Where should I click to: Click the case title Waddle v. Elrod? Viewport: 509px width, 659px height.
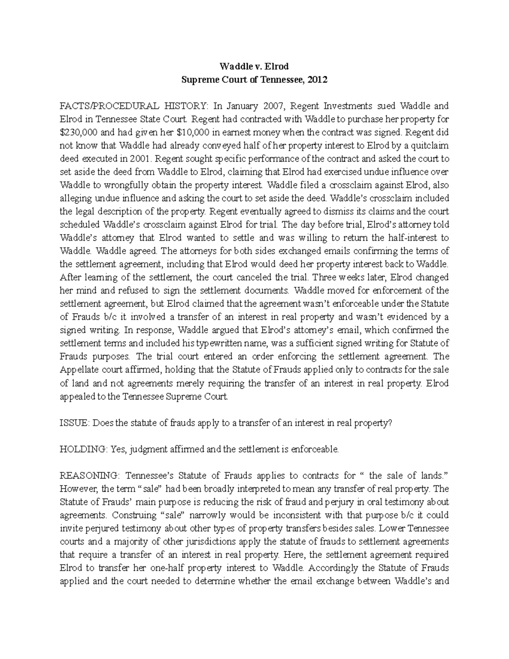[x=254, y=66]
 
